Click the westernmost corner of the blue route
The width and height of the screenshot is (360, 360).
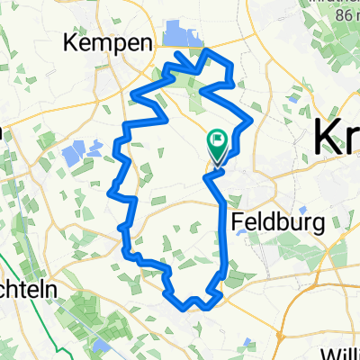pyautogui.click(x=110, y=190)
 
